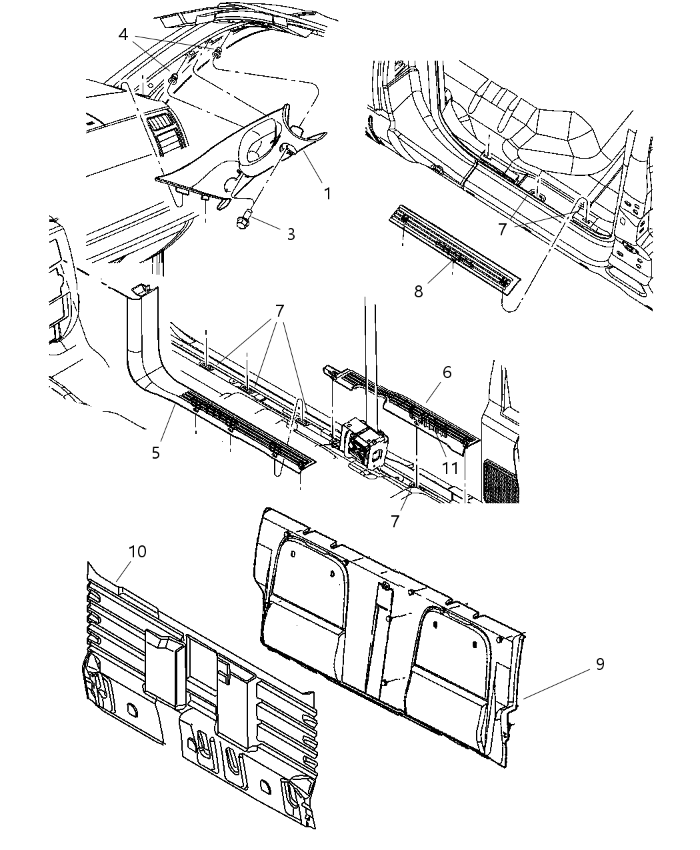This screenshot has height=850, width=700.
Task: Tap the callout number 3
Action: click(x=291, y=233)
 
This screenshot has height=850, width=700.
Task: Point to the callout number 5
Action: click(x=155, y=453)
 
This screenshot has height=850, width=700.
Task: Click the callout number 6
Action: click(x=446, y=372)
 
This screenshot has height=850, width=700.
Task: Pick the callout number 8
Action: click(x=418, y=291)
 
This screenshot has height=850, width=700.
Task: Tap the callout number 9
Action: click(x=600, y=664)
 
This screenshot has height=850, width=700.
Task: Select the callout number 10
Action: click(x=138, y=551)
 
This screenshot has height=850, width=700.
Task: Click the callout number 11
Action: click(x=451, y=467)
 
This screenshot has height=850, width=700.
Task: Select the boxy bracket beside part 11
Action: click(x=363, y=445)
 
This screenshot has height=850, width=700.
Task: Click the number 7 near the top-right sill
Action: click(x=502, y=229)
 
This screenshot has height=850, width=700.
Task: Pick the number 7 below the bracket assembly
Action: click(x=395, y=521)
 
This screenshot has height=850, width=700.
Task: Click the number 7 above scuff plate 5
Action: click(x=279, y=311)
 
